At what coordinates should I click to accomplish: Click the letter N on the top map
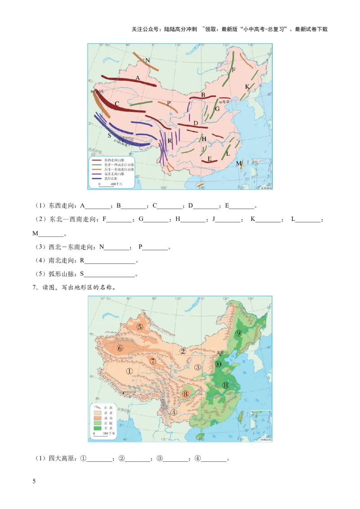pyautogui.click(x=148, y=60)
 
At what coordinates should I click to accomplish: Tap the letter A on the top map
pyautogui.click(x=138, y=78)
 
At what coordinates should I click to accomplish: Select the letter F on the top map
pyautogui.click(x=234, y=70)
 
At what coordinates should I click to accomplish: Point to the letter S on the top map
pyautogui.click(x=109, y=135)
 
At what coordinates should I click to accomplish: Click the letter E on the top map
pyautogui.click(x=209, y=159)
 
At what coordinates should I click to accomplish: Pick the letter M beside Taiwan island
pyautogui.click(x=238, y=163)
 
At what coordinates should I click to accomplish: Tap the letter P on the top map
pyautogui.click(x=169, y=103)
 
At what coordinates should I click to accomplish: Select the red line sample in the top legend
pyautogui.click(x=96, y=160)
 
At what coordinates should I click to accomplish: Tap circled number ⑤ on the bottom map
pyautogui.click(x=140, y=327)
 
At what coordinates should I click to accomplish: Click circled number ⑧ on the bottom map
pyautogui.click(x=186, y=394)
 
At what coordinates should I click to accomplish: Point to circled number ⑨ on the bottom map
pyautogui.click(x=238, y=333)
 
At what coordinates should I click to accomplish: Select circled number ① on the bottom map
pyautogui.click(x=129, y=371)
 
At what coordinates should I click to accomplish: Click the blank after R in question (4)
pyautogui.click(x=110, y=261)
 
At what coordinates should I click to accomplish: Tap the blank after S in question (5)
pyautogui.click(x=110, y=275)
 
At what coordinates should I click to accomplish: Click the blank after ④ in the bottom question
pyautogui.click(x=214, y=460)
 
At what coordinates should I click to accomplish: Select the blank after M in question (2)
pyautogui.click(x=52, y=234)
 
